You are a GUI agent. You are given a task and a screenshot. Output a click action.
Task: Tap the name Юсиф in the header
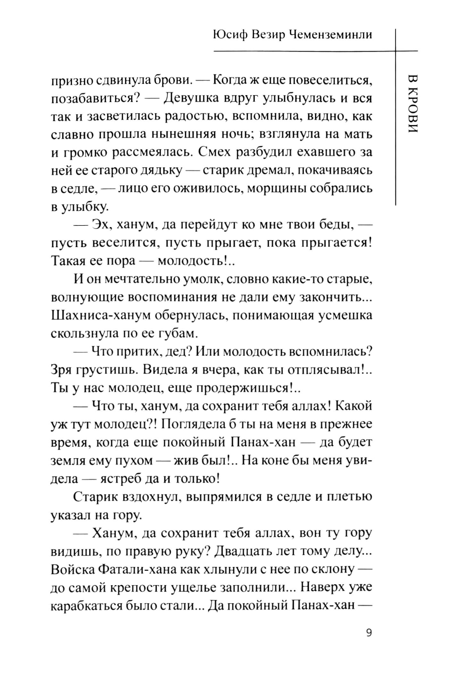229,35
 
